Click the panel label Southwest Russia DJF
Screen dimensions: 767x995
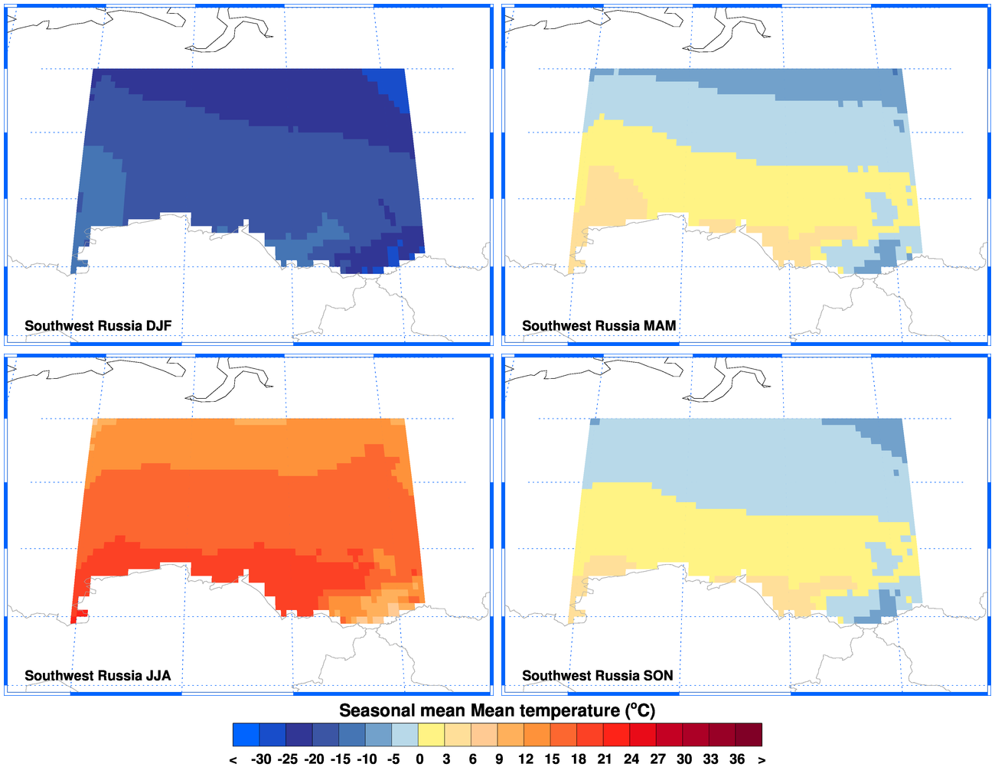pos(98,326)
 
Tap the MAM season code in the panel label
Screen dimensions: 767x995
pos(660,326)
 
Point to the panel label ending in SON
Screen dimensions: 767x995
pos(597,676)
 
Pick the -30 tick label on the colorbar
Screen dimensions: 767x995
pos(261,759)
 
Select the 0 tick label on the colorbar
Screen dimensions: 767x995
pos(419,759)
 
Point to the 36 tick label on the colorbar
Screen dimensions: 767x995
pos(737,759)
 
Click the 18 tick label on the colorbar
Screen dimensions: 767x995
pos(579,759)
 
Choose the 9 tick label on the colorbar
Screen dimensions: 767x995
pos(499,759)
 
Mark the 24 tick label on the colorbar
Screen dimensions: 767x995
pos(631,759)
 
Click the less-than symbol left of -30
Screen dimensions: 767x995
pos(233,759)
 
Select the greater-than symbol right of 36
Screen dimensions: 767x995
pos(762,759)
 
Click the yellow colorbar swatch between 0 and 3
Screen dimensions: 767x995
pos(432,735)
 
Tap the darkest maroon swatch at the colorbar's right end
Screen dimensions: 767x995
pos(749,735)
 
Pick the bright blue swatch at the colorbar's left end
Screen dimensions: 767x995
pos(246,735)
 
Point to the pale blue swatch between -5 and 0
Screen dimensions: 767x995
pos(406,735)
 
